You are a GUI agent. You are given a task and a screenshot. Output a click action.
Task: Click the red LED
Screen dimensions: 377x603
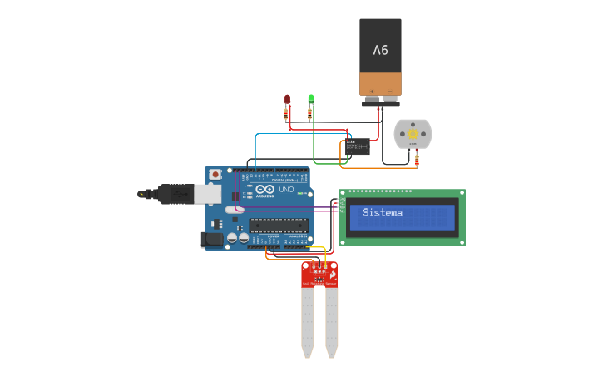(x=287, y=98)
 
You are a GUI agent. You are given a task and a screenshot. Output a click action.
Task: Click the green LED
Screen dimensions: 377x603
(x=311, y=98)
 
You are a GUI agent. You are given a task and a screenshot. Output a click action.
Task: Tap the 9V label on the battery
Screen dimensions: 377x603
(x=380, y=50)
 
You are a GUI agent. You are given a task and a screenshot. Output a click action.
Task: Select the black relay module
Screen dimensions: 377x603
(x=359, y=147)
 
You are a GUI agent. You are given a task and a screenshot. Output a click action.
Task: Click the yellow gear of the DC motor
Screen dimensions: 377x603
(x=413, y=132)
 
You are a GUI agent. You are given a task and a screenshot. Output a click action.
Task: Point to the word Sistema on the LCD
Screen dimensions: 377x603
(x=383, y=213)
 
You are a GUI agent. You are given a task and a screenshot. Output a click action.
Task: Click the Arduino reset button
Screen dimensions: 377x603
(x=215, y=174)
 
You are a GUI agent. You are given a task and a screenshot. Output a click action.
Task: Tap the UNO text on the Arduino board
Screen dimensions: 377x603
(x=285, y=191)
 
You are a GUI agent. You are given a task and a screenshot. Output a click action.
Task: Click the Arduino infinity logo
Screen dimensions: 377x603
(x=264, y=191)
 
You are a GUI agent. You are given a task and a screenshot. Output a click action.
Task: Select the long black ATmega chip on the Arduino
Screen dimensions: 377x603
(x=279, y=225)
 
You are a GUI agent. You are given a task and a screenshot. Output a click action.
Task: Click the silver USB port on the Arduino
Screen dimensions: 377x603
(x=208, y=194)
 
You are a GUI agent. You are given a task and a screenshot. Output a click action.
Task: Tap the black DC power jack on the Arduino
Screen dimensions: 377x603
(x=212, y=240)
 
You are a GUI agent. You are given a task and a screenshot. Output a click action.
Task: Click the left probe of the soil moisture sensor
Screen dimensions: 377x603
(x=308, y=320)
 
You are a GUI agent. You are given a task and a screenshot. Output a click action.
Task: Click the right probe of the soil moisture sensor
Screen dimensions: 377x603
(x=332, y=320)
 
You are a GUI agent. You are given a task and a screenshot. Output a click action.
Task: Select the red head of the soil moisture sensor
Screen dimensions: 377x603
(x=320, y=273)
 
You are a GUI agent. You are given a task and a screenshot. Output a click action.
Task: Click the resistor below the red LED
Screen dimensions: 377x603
(x=287, y=113)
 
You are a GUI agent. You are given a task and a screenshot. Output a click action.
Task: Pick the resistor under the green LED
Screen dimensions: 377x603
(x=310, y=113)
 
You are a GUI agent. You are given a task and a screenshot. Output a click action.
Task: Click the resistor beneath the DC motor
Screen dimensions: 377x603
(x=417, y=158)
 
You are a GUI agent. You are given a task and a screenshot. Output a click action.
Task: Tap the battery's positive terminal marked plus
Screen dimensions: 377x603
(x=372, y=91)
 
